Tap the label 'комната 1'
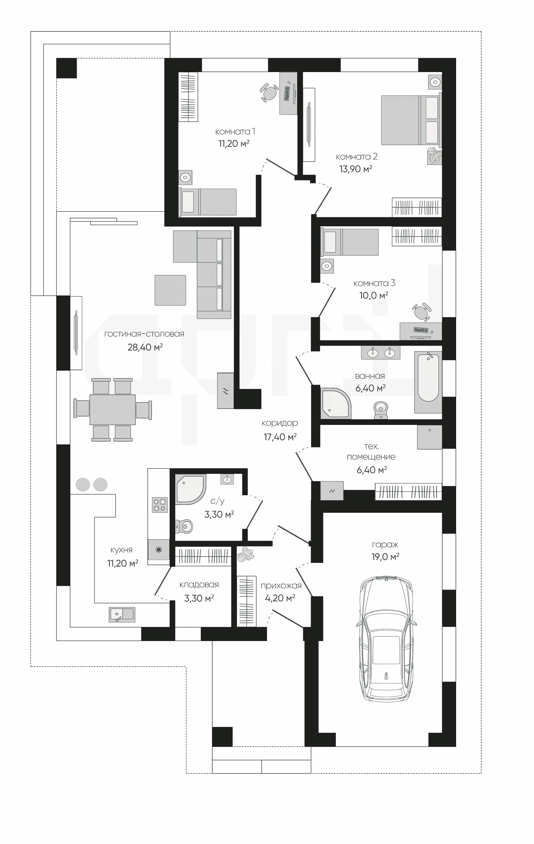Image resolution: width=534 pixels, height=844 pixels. (x=235, y=132)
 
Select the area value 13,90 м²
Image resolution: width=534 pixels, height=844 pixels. (x=355, y=169)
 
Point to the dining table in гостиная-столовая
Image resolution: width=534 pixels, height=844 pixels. (x=113, y=409)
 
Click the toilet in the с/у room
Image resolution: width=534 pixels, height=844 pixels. (x=184, y=526)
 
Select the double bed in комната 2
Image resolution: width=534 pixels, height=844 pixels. (x=411, y=120)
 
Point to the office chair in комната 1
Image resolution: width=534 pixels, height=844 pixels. (x=269, y=93)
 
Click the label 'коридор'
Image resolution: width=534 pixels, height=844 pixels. (x=280, y=424)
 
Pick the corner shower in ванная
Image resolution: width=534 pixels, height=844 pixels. (x=335, y=403)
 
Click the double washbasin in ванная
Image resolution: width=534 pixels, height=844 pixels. (x=380, y=352)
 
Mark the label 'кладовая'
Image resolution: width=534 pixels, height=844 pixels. (x=199, y=585)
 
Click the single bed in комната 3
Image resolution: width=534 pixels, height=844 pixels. (x=350, y=242)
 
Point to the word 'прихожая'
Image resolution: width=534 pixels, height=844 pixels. (x=281, y=586)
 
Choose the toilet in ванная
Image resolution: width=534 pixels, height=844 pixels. (x=381, y=410)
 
